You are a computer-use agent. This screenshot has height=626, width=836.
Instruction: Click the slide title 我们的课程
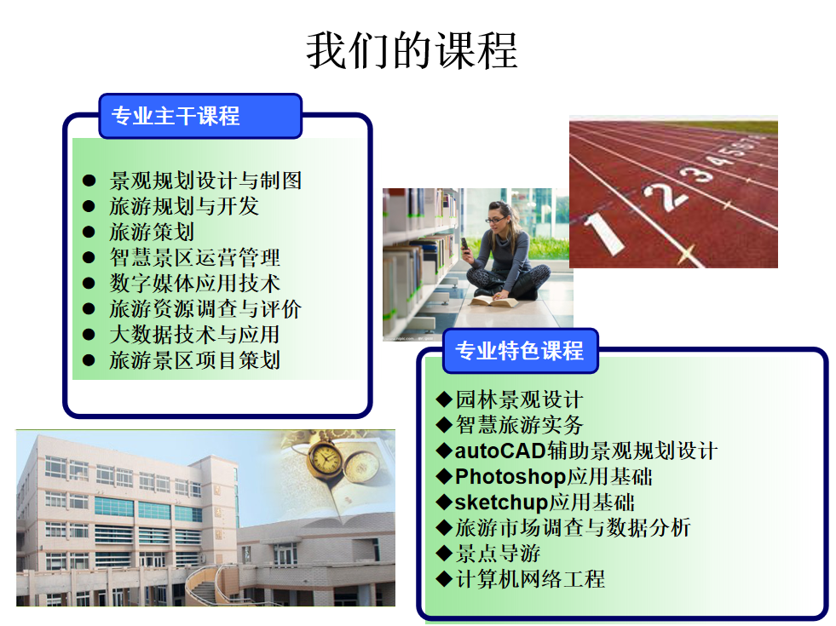click(412, 50)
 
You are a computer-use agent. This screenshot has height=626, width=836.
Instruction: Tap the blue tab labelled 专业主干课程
click(200, 116)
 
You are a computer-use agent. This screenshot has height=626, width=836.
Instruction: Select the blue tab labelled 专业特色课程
click(521, 351)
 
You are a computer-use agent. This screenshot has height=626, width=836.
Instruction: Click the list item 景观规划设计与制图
click(205, 181)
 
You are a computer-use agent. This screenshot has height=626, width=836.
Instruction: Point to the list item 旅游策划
click(152, 232)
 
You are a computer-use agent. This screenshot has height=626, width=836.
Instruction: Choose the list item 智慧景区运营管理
click(194, 257)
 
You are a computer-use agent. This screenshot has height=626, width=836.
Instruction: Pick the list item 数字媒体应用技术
click(194, 283)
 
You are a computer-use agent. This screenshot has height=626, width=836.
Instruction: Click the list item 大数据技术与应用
click(194, 335)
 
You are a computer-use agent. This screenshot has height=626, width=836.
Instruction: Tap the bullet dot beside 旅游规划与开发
click(89, 206)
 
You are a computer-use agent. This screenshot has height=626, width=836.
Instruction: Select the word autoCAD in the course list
click(500, 451)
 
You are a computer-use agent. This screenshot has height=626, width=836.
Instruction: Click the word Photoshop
click(510, 476)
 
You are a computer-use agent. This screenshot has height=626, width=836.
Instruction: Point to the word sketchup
click(501, 502)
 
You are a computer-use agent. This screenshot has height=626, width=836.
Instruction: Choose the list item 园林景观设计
click(519, 399)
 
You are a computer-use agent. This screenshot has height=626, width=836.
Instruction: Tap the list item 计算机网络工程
click(530, 579)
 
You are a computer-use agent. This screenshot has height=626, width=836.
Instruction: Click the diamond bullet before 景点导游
click(444, 554)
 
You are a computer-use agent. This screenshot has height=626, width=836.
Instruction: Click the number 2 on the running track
click(665, 196)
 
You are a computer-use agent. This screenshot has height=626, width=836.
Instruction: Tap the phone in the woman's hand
click(465, 244)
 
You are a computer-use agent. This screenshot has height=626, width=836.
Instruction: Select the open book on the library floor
click(493, 302)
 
